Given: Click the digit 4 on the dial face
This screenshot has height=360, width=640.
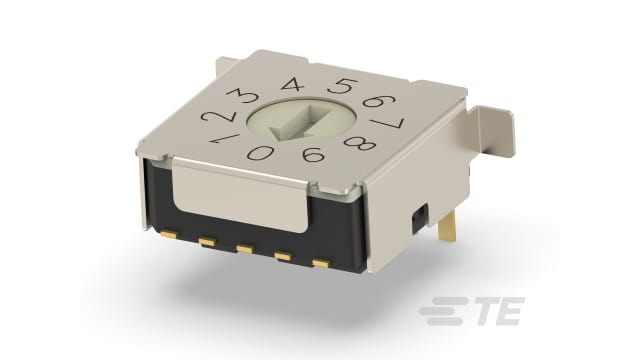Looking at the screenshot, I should click(x=293, y=86).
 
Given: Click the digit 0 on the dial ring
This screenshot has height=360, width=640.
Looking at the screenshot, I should click(x=262, y=155).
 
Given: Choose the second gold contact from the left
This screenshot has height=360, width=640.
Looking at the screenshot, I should click(x=208, y=243).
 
